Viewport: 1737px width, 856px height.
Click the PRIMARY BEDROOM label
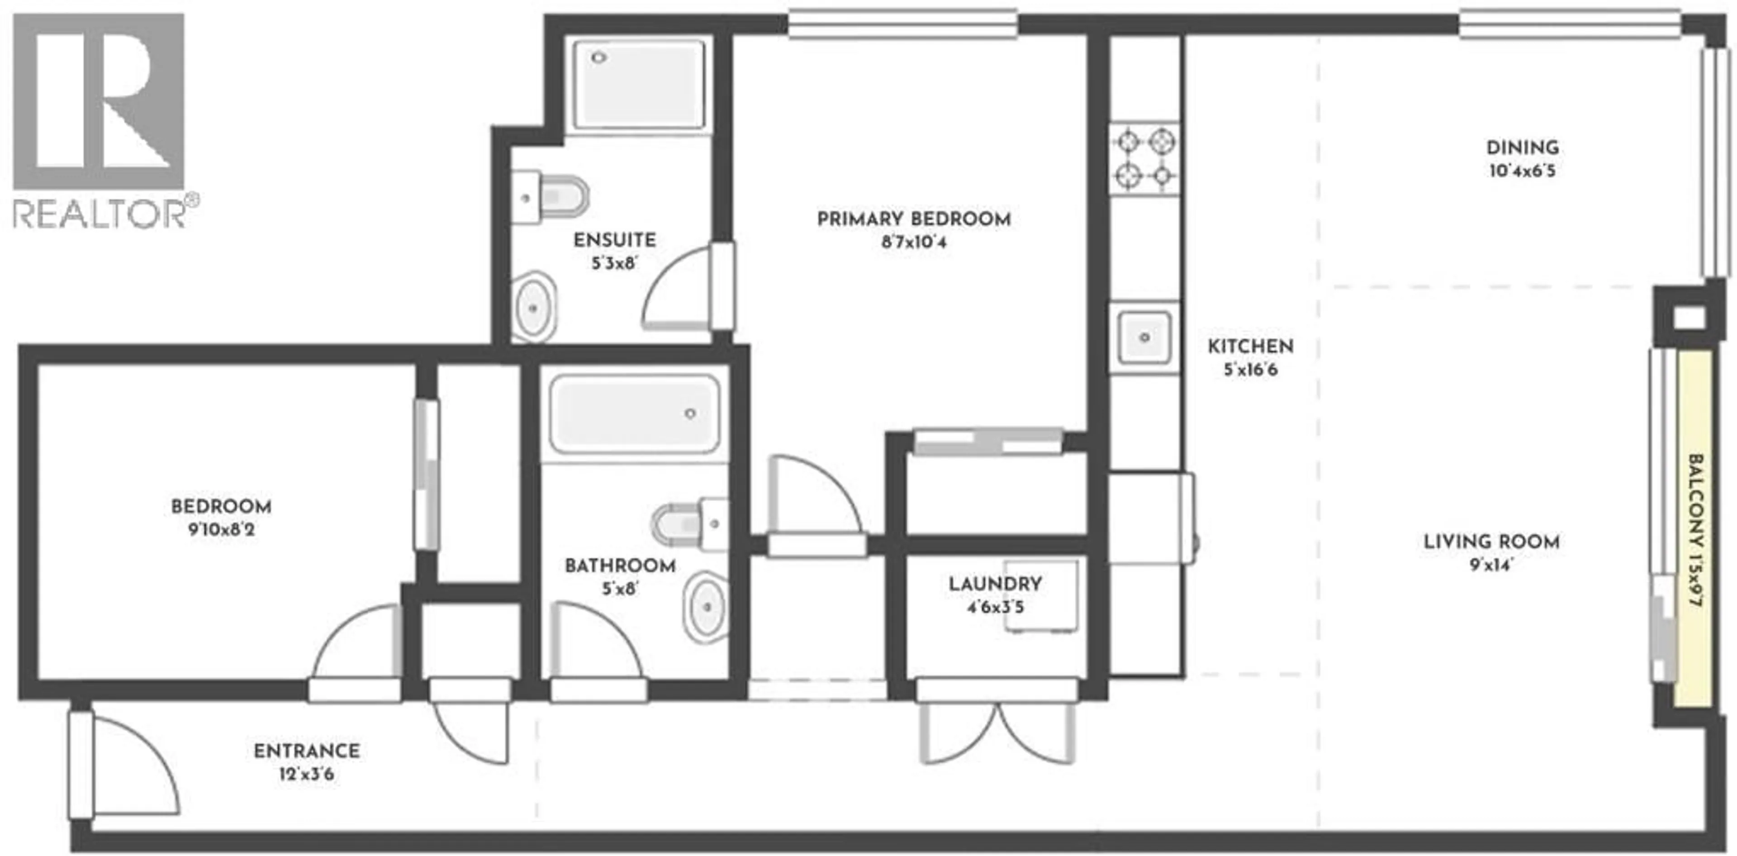(914, 219)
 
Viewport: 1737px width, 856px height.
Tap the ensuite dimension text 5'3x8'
(614, 263)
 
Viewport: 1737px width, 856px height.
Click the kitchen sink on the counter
(1144, 337)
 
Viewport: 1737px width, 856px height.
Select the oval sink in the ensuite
(534, 308)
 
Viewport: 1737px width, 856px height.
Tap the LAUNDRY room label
(995, 584)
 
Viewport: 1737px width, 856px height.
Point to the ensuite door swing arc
(674, 290)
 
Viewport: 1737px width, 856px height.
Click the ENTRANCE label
(307, 751)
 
